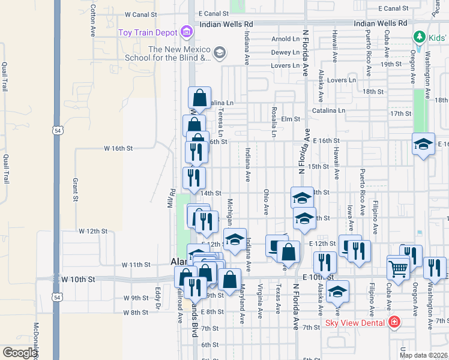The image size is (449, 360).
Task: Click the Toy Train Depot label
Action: [148, 32]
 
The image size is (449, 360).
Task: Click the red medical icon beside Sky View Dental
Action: [394, 322]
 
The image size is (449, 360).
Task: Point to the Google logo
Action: [19, 353]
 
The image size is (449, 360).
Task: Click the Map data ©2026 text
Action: [423, 355]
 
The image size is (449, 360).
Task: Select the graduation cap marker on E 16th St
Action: [423, 145]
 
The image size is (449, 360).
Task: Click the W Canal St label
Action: [140, 13]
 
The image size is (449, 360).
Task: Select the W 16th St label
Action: [118, 147]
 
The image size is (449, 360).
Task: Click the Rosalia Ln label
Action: [273, 122]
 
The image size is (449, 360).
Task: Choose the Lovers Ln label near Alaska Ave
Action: [342, 80]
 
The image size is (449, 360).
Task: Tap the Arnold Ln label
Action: [285, 39]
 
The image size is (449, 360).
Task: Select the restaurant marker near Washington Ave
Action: [435, 268]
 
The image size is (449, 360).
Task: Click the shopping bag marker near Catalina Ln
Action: [199, 98]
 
